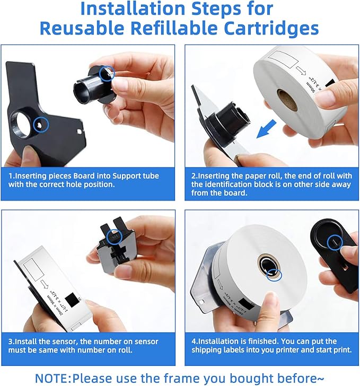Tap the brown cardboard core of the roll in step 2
[x=288, y=99]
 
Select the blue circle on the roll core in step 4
[x=274, y=273]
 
